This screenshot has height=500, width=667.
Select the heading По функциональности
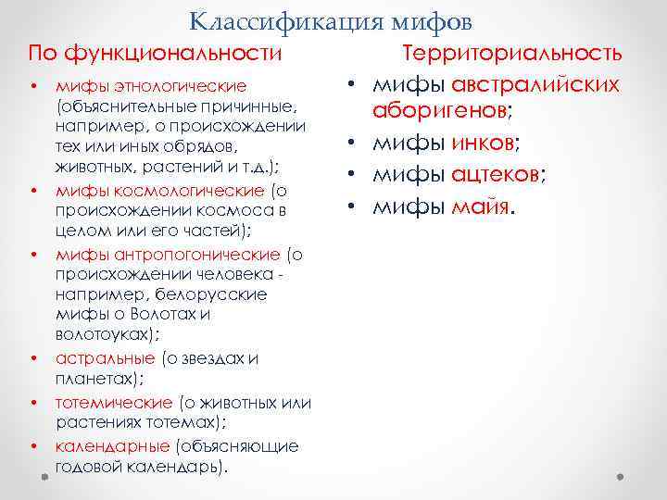click(155, 54)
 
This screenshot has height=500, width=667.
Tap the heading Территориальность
click(511, 55)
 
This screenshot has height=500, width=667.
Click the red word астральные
click(105, 358)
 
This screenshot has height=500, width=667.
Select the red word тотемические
click(114, 403)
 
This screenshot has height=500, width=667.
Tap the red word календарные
click(112, 446)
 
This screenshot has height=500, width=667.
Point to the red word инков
click(481, 144)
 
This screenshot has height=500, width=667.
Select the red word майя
click(480, 206)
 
